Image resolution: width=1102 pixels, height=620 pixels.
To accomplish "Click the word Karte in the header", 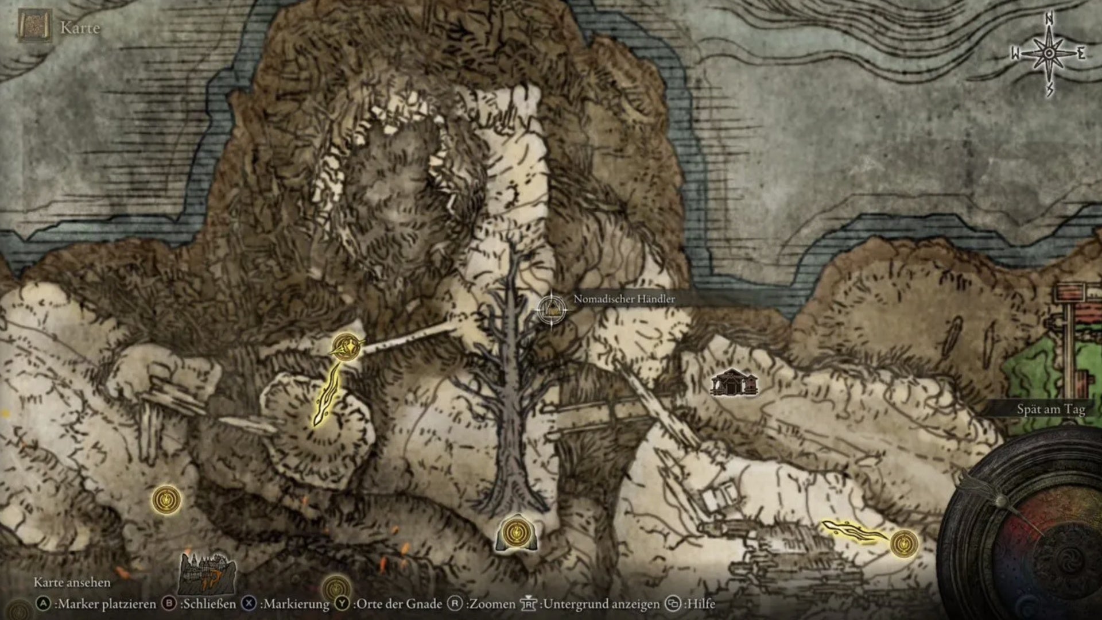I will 80,28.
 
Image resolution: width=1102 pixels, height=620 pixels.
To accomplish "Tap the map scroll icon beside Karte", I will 27,26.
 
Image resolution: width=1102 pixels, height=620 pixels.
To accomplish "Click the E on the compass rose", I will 1081,55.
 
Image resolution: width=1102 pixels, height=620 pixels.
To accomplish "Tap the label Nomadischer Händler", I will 624,299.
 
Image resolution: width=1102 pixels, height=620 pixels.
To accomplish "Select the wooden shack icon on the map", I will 734,383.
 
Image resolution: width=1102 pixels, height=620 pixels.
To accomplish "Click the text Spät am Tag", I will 1051,409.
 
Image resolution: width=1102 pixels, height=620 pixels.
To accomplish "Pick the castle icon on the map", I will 207,572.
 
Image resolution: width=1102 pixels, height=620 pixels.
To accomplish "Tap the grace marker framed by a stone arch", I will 517,533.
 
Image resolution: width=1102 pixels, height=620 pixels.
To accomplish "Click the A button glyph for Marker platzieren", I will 43,604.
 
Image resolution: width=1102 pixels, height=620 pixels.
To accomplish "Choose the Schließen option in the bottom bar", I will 208,604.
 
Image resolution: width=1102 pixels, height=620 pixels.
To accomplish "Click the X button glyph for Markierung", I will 249,604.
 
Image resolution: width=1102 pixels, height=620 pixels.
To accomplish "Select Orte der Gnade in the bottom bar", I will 397,604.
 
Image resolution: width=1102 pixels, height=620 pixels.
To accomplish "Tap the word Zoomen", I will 492,604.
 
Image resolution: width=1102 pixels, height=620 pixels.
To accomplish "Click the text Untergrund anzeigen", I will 601,604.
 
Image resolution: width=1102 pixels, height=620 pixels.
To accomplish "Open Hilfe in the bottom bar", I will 700,604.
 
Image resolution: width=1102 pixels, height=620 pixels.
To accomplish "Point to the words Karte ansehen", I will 72,582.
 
